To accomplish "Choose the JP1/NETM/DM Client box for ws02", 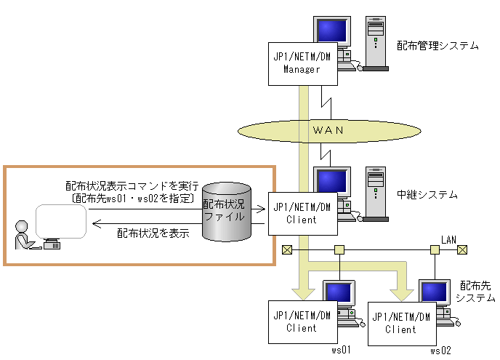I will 400,323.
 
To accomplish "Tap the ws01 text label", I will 341,350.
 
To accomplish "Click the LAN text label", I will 448,239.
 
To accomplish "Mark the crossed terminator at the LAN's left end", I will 287,250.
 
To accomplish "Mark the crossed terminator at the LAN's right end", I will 461,250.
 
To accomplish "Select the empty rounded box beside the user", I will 61,220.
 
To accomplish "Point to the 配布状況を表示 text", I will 153,233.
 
